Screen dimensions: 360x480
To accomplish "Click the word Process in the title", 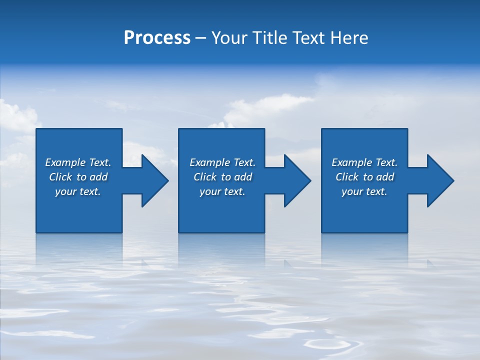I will point(157,38).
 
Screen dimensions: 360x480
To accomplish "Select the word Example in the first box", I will point(65,162).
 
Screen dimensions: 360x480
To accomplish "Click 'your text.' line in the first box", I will point(78,191).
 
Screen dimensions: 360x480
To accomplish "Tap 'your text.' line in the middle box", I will point(222,191).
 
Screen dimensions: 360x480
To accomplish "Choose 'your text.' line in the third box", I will point(364,191).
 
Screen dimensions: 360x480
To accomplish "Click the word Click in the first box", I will point(60,177).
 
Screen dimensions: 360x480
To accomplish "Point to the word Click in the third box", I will point(347,177).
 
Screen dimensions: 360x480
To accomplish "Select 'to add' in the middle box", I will point(236,177).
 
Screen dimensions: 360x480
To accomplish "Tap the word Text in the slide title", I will point(307,38).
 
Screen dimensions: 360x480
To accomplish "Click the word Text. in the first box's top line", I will point(100,162).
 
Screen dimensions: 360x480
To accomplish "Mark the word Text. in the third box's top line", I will point(386,162).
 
